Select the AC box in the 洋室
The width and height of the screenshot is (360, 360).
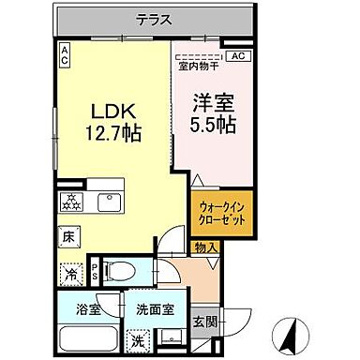pos(237,56)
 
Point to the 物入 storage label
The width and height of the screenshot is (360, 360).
pos(205,247)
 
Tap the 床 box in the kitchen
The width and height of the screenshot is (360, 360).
pos(68,239)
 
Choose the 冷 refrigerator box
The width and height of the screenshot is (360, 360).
pos(69,275)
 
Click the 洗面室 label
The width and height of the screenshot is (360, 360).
pos(147,308)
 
